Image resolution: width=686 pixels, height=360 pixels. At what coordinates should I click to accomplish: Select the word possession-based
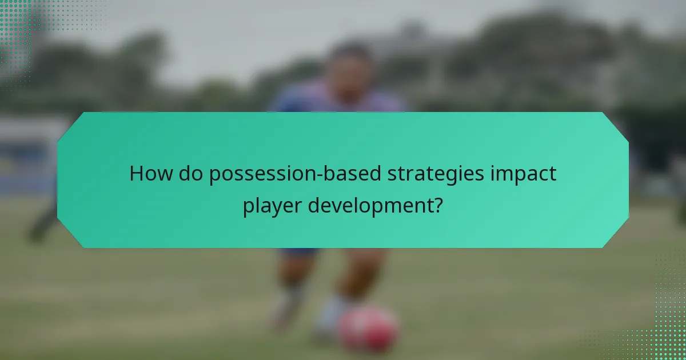coord(291,174)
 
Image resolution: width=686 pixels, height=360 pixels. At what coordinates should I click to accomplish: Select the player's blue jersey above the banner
coord(343,100)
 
